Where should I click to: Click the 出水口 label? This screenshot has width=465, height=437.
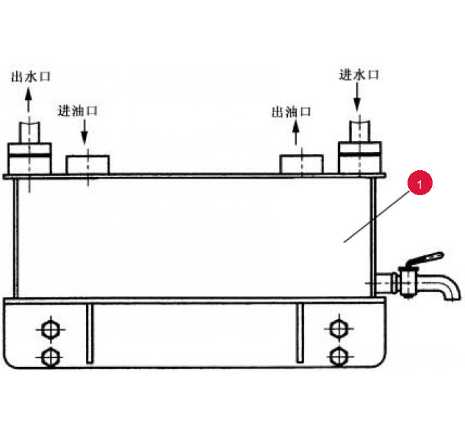click(31, 77)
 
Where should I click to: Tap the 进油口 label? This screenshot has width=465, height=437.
click(78, 111)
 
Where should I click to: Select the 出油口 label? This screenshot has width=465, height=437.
click(291, 112)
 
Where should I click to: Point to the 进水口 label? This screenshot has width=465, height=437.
click(359, 75)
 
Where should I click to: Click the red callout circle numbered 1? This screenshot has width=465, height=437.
click(420, 182)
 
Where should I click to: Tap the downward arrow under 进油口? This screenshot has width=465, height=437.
click(84, 132)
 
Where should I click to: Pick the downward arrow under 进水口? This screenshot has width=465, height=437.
click(357, 97)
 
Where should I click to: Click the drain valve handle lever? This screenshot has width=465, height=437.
click(425, 259)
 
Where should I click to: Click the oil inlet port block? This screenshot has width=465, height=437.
click(87, 165)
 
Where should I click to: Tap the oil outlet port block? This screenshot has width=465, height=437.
click(301, 164)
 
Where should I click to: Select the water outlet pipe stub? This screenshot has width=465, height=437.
click(29, 132)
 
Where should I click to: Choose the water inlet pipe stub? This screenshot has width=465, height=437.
click(360, 131)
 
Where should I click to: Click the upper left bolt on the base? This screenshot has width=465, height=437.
click(51, 329)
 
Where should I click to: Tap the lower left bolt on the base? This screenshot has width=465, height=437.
click(51, 357)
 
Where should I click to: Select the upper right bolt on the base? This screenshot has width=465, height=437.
click(339, 328)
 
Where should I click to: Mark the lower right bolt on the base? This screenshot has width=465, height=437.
click(339, 357)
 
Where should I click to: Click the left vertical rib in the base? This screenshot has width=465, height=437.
click(90, 333)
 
